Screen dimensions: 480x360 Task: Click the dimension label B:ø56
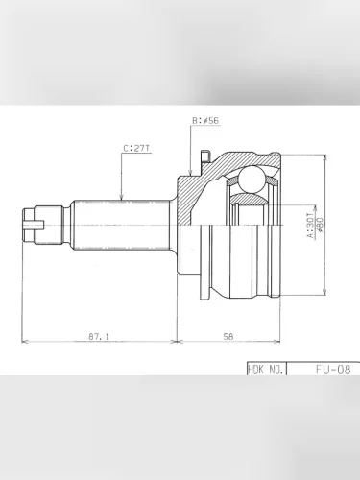pos(206,121)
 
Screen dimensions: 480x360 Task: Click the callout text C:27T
pos(136,149)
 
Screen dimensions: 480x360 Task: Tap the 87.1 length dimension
pos(97,336)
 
